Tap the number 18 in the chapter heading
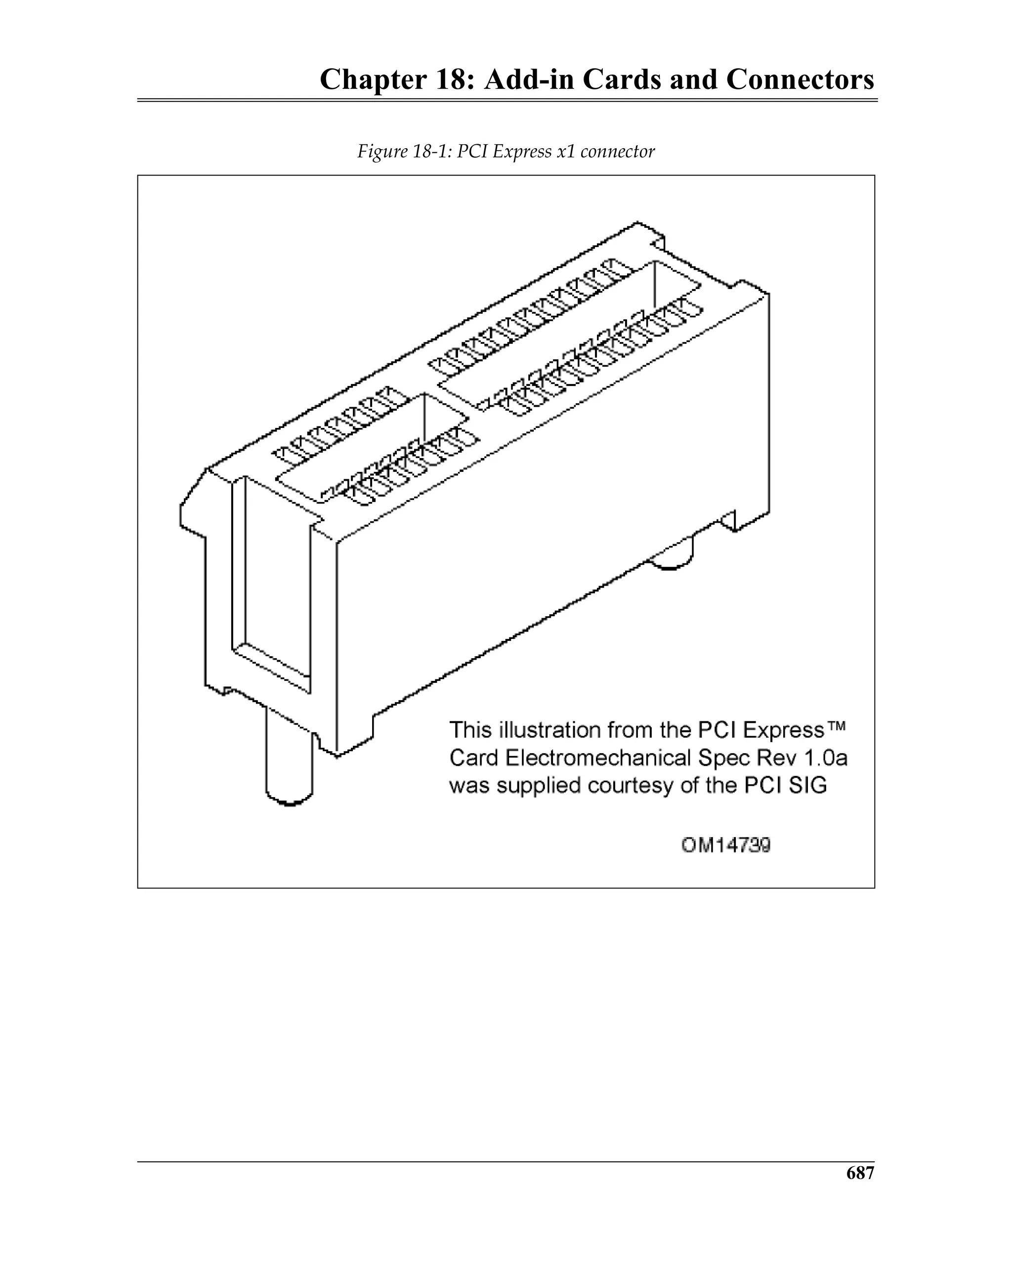[x=453, y=80]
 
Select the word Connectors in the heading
[x=800, y=80]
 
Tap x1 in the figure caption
[x=565, y=152]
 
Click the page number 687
[x=860, y=1173]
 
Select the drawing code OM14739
[x=726, y=845]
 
